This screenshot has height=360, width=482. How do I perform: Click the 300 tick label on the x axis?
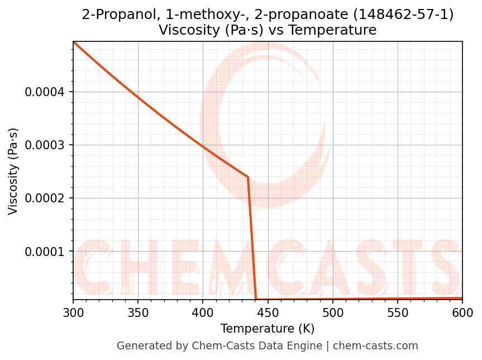click(73, 312)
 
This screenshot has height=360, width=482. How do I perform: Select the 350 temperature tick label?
click(138, 312)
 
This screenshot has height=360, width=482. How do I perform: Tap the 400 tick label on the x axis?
click(203, 312)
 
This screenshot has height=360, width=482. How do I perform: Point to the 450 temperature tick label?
click(268, 312)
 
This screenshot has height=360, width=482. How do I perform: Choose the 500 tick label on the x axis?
click(333, 312)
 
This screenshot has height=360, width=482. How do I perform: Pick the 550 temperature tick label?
click(398, 312)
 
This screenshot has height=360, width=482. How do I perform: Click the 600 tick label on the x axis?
click(462, 312)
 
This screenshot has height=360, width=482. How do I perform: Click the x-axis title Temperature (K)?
click(268, 329)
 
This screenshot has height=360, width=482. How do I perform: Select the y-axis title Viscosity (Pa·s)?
click(13, 171)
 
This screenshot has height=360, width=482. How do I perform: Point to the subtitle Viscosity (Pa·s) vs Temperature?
click(268, 30)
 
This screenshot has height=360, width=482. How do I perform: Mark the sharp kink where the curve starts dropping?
click(248, 177)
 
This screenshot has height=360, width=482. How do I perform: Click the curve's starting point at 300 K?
click(74, 42)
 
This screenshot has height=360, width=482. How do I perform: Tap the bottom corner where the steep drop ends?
click(256, 299)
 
